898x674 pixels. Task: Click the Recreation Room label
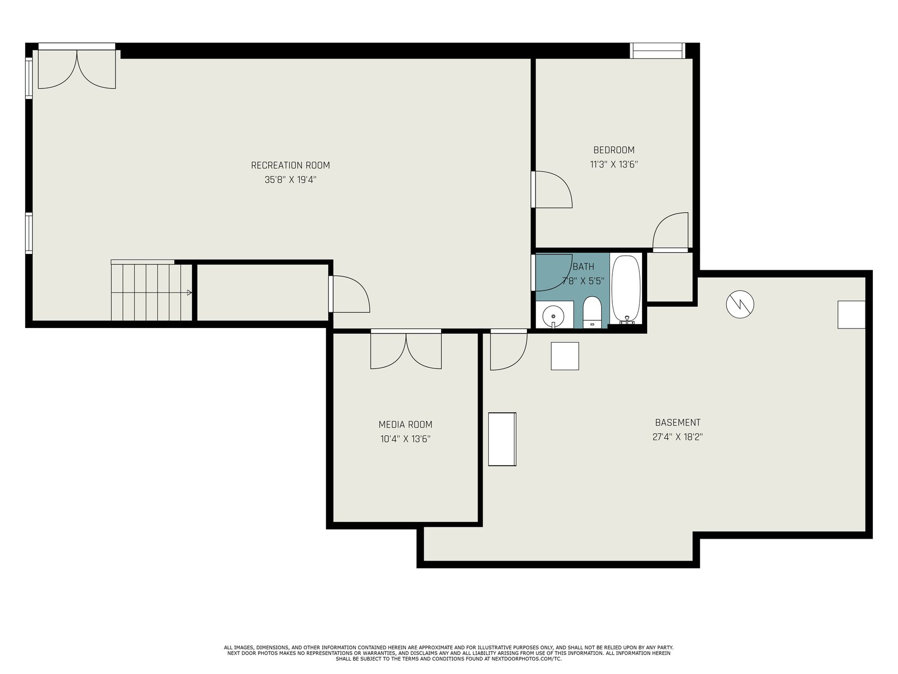(290, 165)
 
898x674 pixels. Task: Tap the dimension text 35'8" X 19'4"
(291, 180)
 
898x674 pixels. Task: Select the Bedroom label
(613, 150)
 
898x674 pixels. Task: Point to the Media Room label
(405, 425)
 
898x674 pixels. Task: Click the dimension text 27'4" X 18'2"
(677, 436)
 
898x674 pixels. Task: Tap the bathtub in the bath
(626, 289)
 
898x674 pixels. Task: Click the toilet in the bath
(592, 312)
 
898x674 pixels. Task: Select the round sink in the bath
(553, 316)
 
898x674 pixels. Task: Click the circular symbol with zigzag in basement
(740, 304)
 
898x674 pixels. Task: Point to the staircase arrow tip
(191, 293)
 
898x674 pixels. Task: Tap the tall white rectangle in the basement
(502, 439)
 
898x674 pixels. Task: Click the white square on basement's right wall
(851, 315)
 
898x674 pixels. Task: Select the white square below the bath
(565, 356)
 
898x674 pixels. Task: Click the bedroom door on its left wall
(552, 189)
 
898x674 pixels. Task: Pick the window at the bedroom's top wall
(657, 51)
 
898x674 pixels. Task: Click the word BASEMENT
(677, 422)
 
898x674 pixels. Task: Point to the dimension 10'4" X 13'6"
(405, 439)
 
